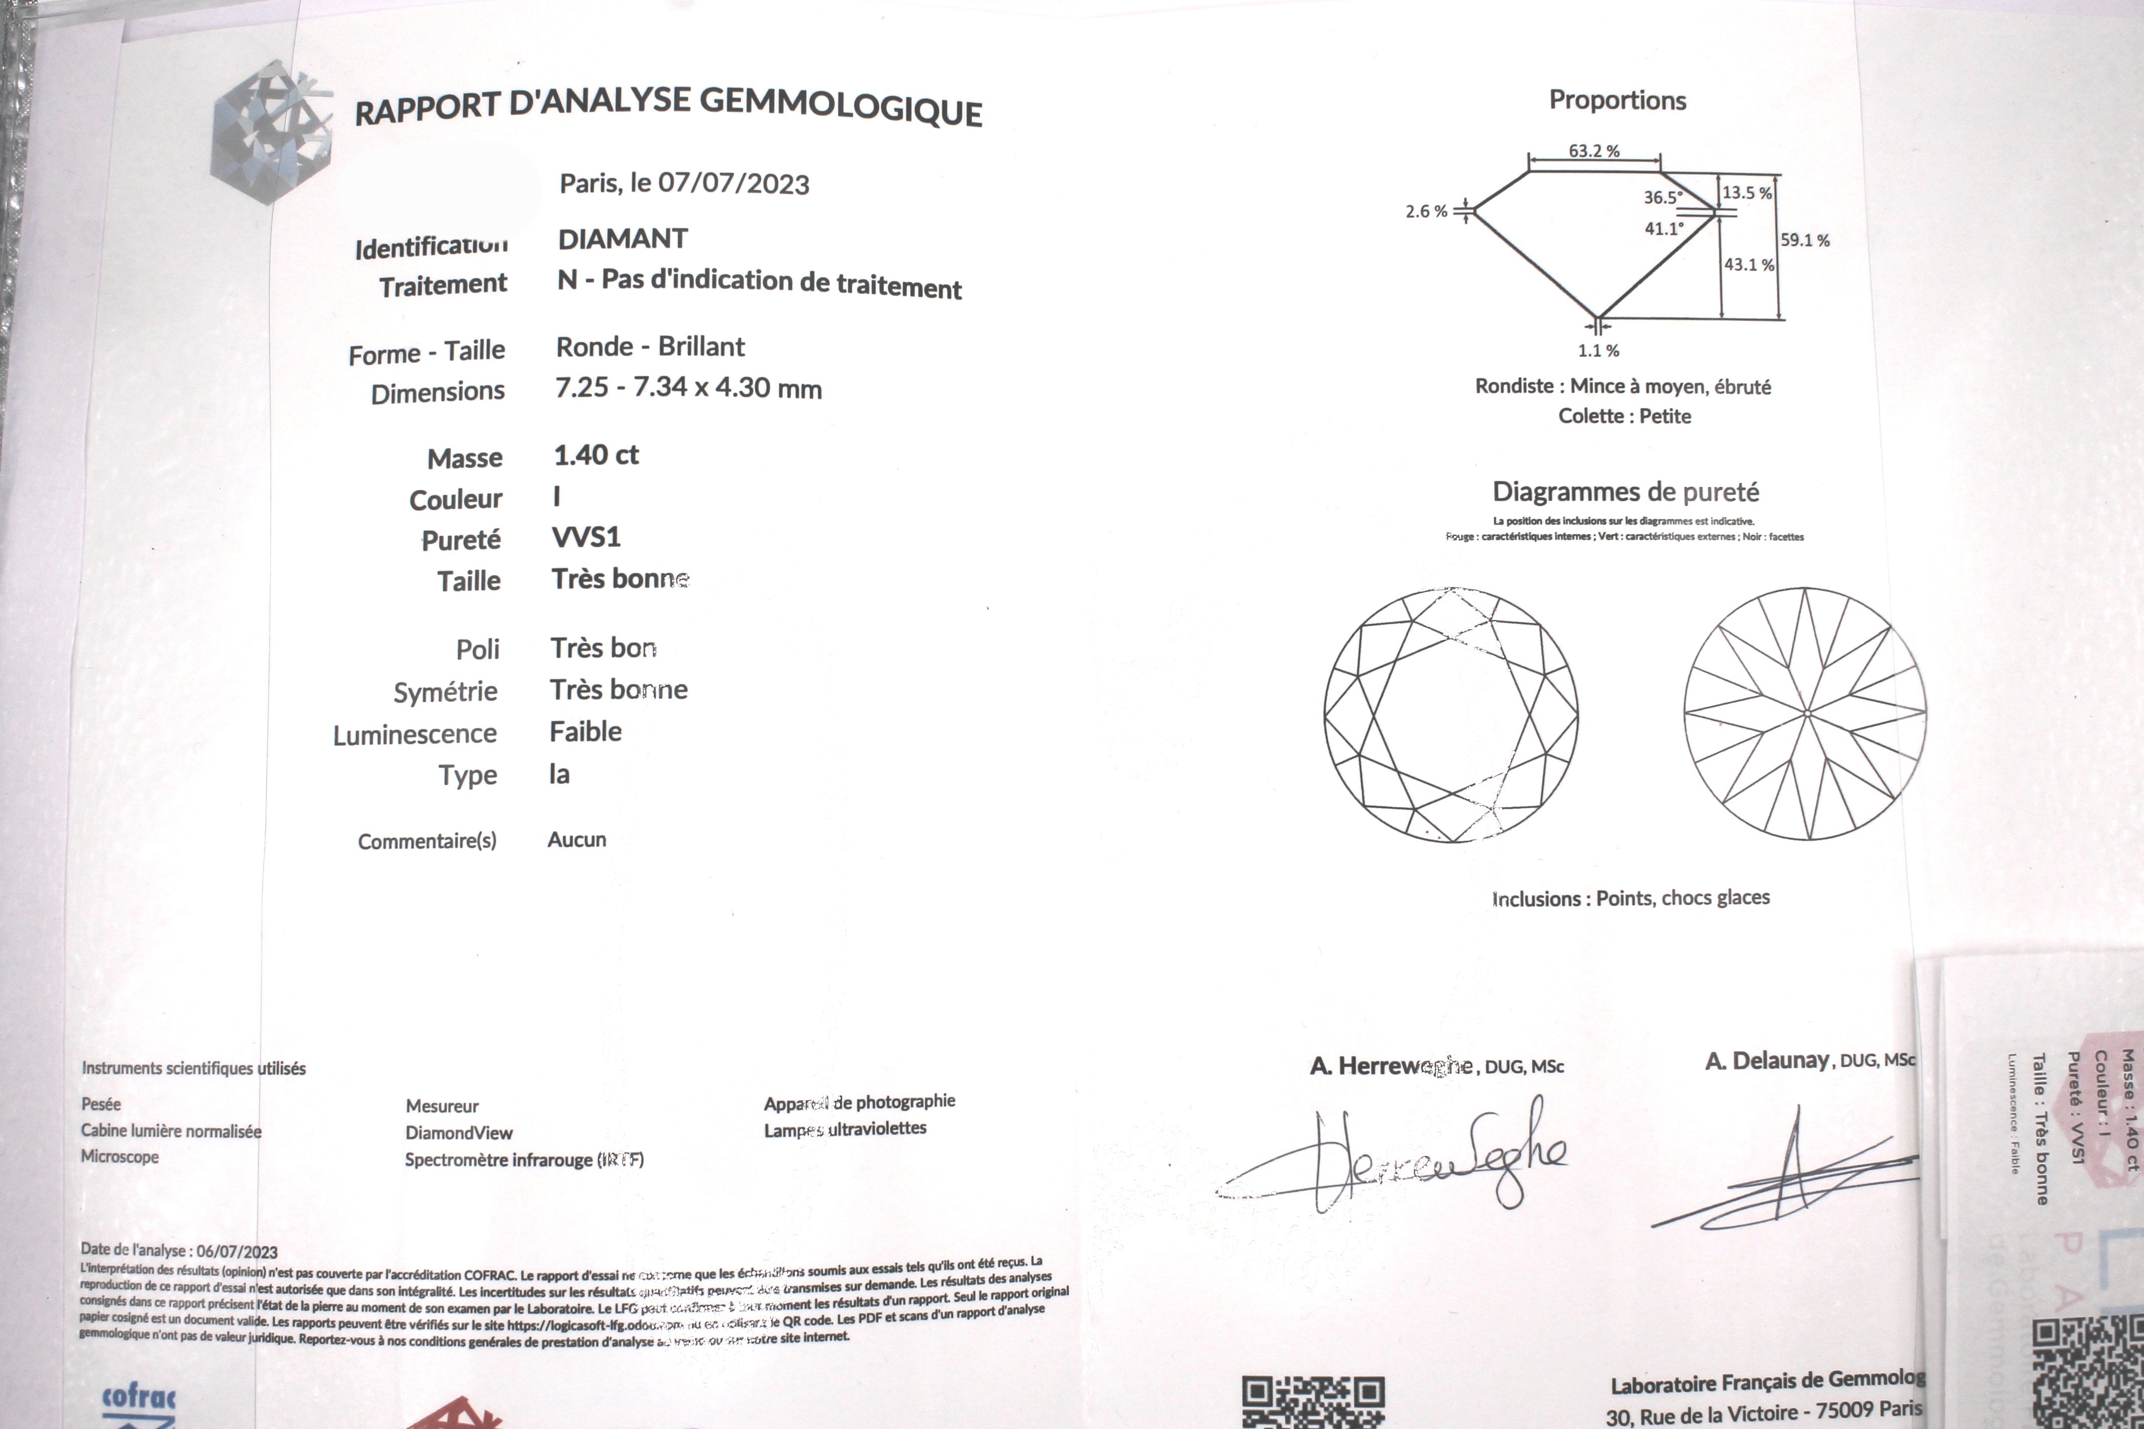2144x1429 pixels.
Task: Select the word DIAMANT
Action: coord(623,239)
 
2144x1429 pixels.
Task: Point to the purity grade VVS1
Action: coord(586,537)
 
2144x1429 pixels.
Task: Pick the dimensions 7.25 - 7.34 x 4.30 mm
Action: coord(688,387)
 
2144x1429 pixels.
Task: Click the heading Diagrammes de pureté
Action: coord(1626,492)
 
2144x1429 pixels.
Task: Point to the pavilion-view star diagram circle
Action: coord(1805,713)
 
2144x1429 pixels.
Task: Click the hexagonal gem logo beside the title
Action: coord(271,132)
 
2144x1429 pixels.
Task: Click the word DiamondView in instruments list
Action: coord(459,1133)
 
